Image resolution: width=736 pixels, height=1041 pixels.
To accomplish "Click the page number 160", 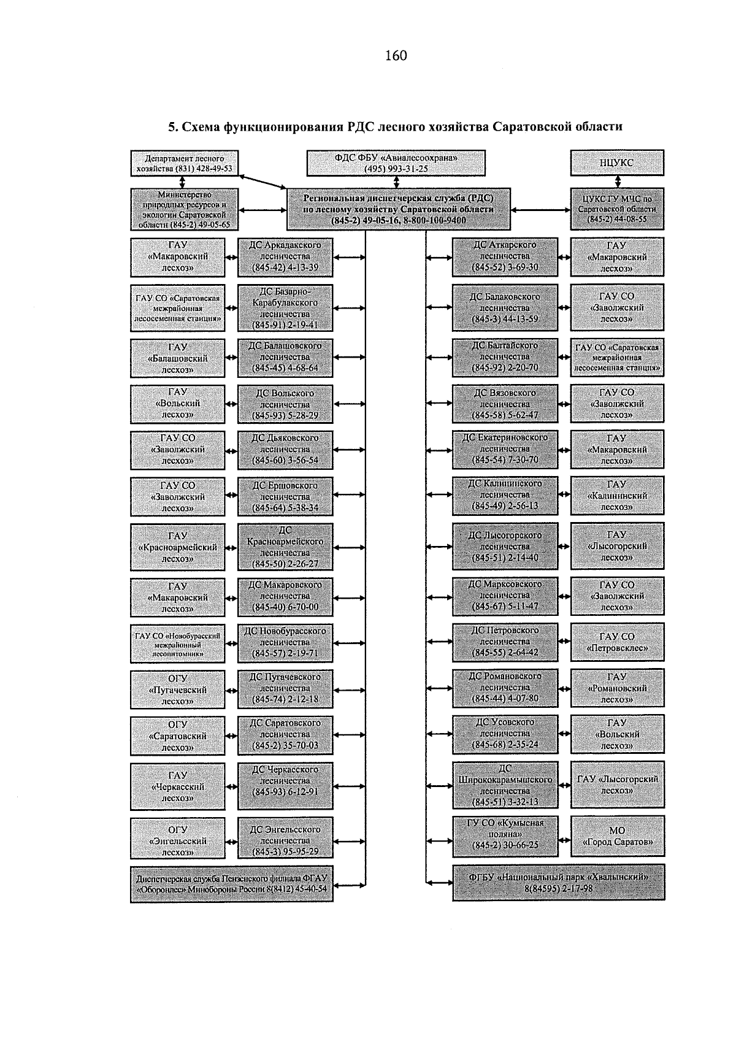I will pos(396,56).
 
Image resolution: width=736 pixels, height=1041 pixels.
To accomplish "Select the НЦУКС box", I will pos(616,163).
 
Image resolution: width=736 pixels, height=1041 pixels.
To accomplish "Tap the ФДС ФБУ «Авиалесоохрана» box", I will pos(396,163).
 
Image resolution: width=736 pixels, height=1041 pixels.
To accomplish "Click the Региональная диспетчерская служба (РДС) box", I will pos(398,209).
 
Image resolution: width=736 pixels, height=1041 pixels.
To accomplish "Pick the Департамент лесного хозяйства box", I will pos(185,163).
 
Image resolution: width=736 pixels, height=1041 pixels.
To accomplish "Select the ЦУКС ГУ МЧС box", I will pos(616,209).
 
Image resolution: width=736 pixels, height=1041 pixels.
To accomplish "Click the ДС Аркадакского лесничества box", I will pos(285,256).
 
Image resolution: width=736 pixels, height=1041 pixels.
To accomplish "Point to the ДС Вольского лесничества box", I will pos(285,404).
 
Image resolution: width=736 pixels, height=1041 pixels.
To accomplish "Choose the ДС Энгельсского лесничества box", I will pos(285,840).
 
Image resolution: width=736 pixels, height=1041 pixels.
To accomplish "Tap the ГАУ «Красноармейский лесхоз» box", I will pos(177,547).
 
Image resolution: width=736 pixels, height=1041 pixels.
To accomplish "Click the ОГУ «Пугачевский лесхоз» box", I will pos(177,690).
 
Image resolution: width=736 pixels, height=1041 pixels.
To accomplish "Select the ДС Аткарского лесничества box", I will pos(505,256).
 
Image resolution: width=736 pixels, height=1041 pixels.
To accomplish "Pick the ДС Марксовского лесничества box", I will pos(505,596).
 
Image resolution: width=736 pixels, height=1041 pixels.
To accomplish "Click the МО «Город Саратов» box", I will pos(617,836).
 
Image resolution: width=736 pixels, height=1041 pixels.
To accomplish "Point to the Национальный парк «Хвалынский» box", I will pos(558,882).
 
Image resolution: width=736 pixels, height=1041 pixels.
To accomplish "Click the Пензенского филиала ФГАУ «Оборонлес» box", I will pos(231,884).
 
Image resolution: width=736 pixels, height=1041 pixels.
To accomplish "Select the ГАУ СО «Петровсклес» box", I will pos(617,642).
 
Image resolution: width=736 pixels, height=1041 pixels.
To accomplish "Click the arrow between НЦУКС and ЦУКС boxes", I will pos(617,182).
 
